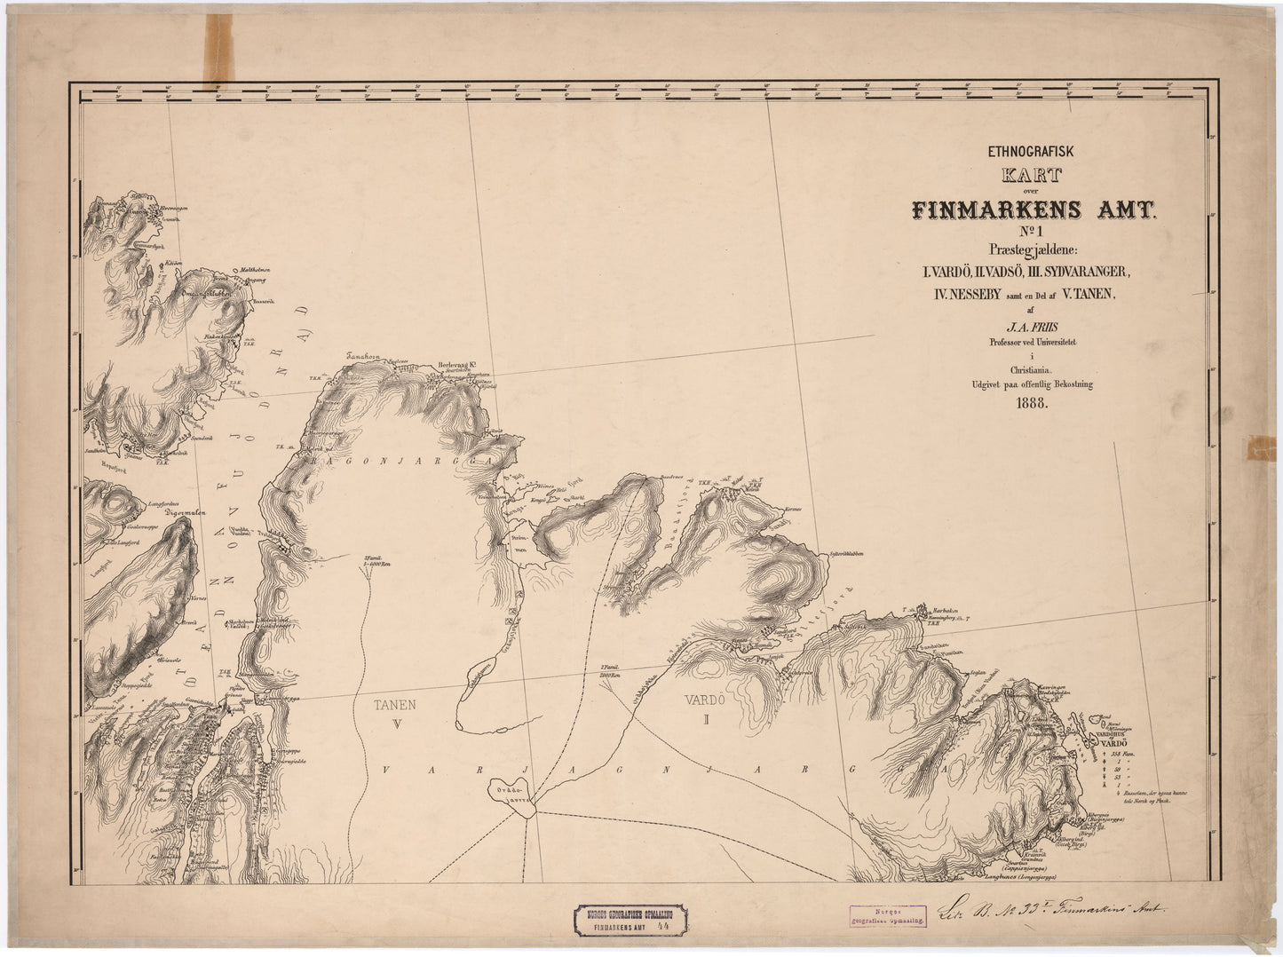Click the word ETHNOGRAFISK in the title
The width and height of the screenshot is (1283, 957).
point(1030,152)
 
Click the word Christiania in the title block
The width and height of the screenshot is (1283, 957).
point(1030,370)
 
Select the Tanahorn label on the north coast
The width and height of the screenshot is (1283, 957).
point(363,357)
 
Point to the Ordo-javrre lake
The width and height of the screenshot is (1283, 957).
point(511,791)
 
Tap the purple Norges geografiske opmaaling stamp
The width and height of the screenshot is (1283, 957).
point(888,916)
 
